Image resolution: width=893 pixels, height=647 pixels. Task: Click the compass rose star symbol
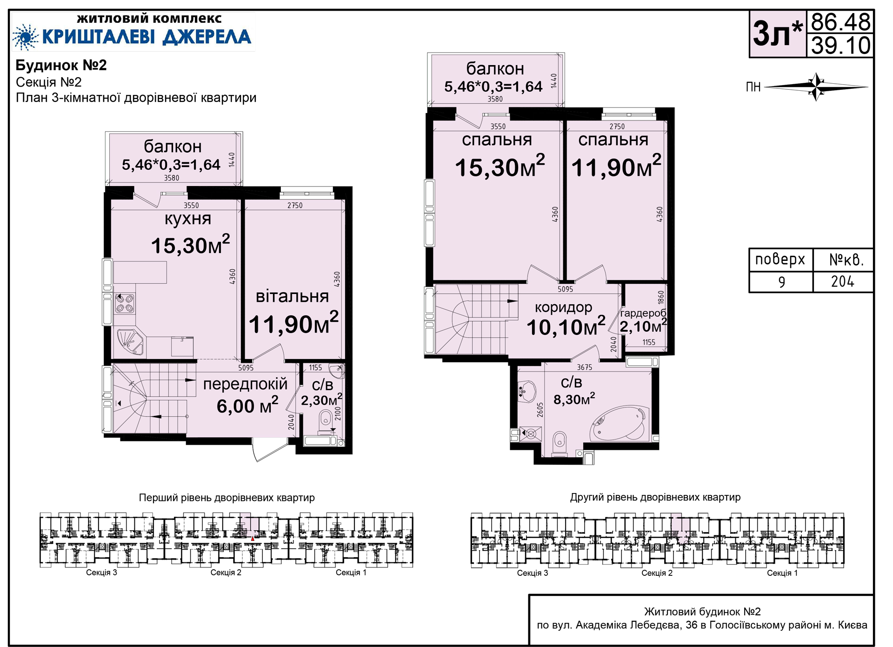[x=816, y=87]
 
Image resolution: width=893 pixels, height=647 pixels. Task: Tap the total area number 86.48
[x=840, y=22]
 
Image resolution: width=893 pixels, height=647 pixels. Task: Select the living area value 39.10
[x=840, y=46]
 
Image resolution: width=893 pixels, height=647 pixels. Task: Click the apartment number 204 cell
[x=843, y=282]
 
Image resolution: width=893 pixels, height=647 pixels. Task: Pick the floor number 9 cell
[x=781, y=282]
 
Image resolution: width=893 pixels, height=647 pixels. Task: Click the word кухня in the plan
[x=188, y=219]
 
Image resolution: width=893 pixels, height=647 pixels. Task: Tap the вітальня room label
[x=292, y=296]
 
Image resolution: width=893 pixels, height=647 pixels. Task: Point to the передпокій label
[x=246, y=384]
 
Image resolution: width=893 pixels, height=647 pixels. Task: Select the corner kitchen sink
[x=130, y=342]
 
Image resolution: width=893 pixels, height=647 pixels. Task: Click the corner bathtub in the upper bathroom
[x=618, y=424]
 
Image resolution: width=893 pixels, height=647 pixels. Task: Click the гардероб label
[x=643, y=313]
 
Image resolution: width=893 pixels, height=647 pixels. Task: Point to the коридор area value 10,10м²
[x=566, y=327]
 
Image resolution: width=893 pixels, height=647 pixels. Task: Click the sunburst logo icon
[x=26, y=37]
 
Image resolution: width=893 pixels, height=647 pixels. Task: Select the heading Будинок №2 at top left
[x=61, y=65]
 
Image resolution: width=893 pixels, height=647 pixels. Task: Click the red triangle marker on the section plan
[x=253, y=539]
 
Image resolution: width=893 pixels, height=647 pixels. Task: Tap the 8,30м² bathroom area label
[x=574, y=399]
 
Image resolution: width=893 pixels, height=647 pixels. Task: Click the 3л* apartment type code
[x=778, y=33]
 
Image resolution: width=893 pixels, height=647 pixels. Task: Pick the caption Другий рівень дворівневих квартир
[x=655, y=497]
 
